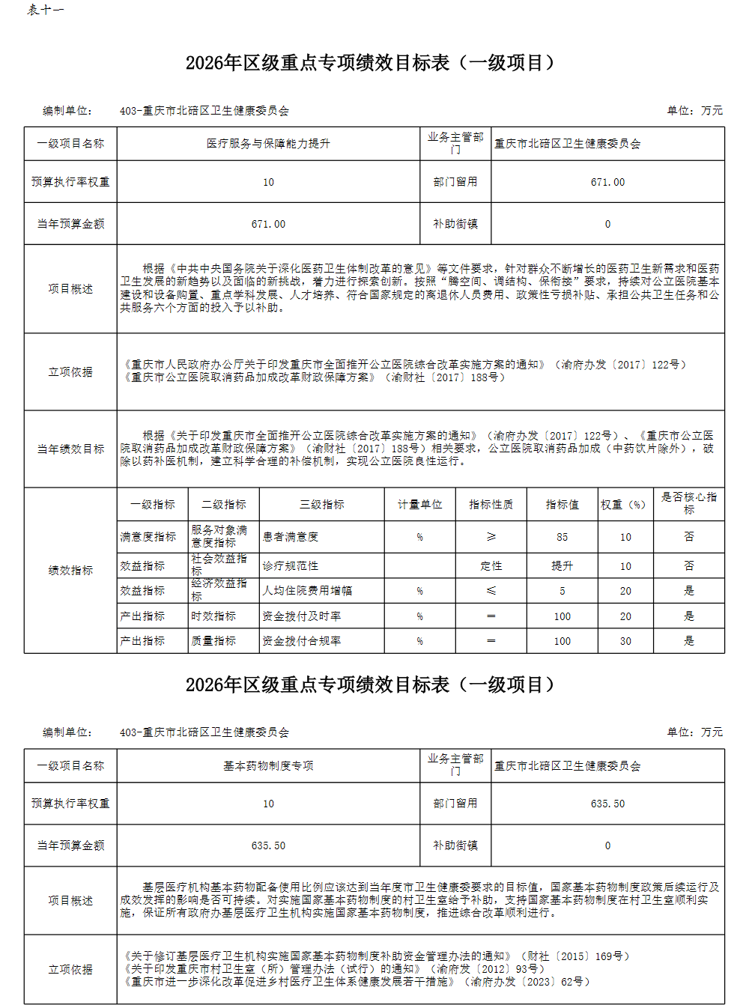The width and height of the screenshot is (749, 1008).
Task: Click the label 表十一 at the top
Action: (45, 10)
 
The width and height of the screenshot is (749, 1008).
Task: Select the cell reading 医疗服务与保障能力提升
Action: (268, 144)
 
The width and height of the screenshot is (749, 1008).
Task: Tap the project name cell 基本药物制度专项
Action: (268, 766)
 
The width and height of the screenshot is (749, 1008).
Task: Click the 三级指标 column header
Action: (322, 505)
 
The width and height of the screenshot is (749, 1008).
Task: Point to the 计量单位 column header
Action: (419, 505)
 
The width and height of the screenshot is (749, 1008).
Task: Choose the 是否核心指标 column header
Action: (689, 503)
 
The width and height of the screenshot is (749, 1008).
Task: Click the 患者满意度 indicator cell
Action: (291, 537)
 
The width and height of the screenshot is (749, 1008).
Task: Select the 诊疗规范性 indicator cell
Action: (291, 566)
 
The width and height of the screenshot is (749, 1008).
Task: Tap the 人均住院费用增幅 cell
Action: (307, 591)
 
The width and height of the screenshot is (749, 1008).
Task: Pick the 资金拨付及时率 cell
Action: (302, 616)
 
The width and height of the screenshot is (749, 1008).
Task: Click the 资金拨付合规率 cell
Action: (302, 641)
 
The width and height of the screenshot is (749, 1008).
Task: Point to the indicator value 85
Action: (562, 537)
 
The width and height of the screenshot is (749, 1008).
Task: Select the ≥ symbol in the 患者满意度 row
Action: (491, 537)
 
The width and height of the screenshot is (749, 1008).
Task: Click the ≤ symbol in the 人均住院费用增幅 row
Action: (491, 591)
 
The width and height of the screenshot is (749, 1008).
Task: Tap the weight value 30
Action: (625, 641)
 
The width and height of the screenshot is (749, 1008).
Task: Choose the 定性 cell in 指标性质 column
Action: (491, 566)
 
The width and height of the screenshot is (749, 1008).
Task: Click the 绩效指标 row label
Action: (70, 571)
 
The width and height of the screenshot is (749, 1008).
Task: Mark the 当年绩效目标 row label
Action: (70, 449)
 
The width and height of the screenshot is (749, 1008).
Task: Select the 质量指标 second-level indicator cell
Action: (213, 641)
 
